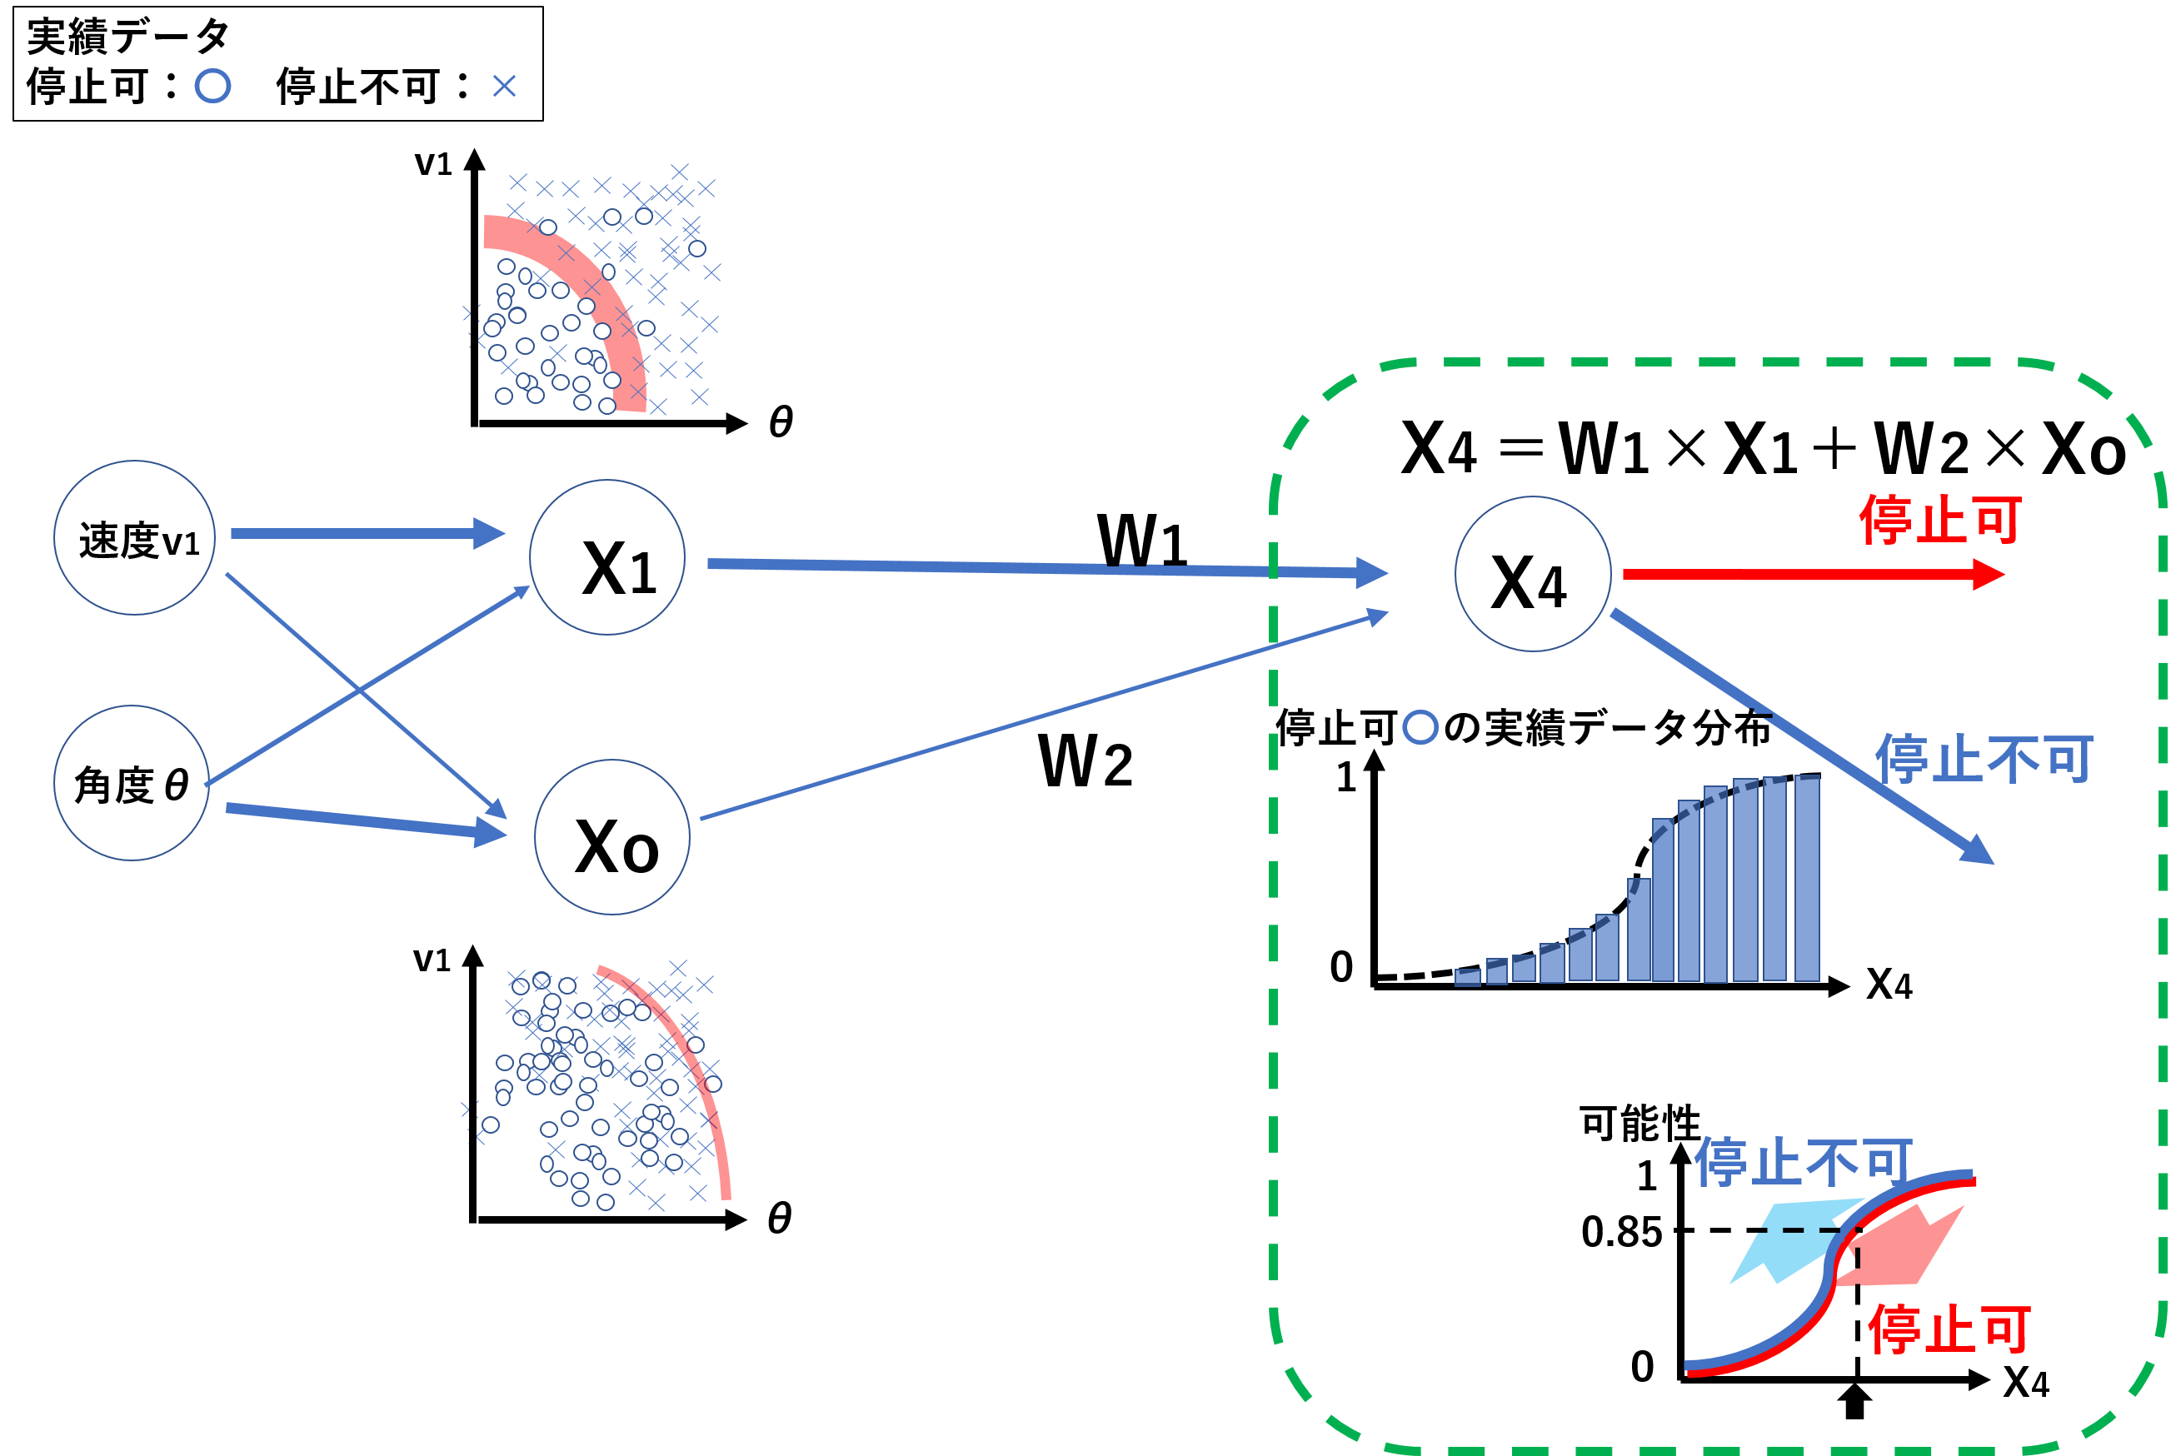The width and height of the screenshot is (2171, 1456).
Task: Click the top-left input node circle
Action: pyautogui.click(x=135, y=537)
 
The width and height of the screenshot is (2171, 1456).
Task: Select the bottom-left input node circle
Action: pyautogui.click(x=132, y=783)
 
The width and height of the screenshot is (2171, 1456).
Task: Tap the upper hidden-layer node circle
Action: pyautogui.click(x=607, y=557)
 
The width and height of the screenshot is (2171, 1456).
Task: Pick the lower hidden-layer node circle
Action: pyautogui.click(x=612, y=836)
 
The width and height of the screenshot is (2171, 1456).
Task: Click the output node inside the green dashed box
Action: pyautogui.click(x=1533, y=574)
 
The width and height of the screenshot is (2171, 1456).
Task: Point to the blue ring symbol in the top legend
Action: pyautogui.click(x=212, y=87)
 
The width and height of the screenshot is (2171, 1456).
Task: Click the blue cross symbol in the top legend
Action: pyautogui.click(x=504, y=87)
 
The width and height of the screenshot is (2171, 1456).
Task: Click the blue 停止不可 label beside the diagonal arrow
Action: pyautogui.click(x=1984, y=759)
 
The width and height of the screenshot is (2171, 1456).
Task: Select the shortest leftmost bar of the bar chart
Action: pyautogui.click(x=1467, y=977)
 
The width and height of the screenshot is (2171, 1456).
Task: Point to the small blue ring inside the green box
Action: pyautogui.click(x=1420, y=727)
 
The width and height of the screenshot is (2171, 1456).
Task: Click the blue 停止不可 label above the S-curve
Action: pyautogui.click(x=1802, y=1160)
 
